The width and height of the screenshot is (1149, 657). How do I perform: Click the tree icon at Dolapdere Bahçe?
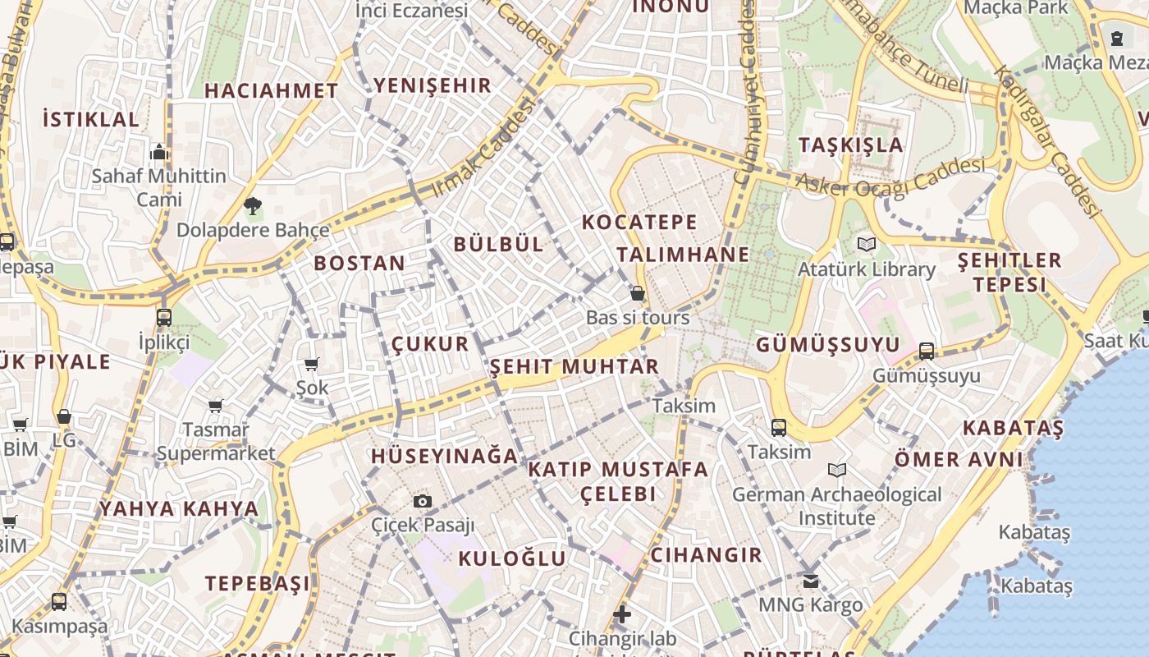tap(253, 205)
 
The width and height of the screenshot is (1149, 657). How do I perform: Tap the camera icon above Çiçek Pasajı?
tap(423, 501)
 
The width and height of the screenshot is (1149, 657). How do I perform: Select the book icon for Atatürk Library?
tap(867, 244)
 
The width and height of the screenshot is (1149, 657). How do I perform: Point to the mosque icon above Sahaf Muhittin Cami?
tap(159, 152)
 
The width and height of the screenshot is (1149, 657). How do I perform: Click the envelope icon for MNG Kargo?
tap(810, 581)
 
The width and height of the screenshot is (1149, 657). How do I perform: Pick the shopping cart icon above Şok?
tap(311, 364)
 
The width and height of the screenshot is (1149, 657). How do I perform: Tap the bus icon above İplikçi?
tap(164, 317)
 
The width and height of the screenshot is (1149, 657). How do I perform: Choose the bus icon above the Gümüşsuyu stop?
tap(927, 351)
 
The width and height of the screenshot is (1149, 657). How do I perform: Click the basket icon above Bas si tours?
tap(638, 293)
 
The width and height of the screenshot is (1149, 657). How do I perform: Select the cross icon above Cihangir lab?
tap(622, 613)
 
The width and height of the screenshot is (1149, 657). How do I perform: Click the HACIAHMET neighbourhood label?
tap(271, 91)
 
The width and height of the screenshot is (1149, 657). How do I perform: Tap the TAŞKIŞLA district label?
tap(850, 145)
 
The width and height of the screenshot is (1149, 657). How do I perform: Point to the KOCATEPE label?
tap(639, 222)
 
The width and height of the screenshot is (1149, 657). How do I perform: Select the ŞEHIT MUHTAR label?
tap(574, 366)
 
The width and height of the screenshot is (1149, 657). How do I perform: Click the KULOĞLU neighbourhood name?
tap(512, 558)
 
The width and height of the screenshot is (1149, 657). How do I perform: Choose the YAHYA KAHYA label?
tap(179, 508)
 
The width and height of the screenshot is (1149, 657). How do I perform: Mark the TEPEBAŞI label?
tap(258, 584)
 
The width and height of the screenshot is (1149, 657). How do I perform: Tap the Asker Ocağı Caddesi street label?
tap(890, 178)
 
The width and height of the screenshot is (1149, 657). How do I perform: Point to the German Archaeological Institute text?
tap(837, 506)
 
